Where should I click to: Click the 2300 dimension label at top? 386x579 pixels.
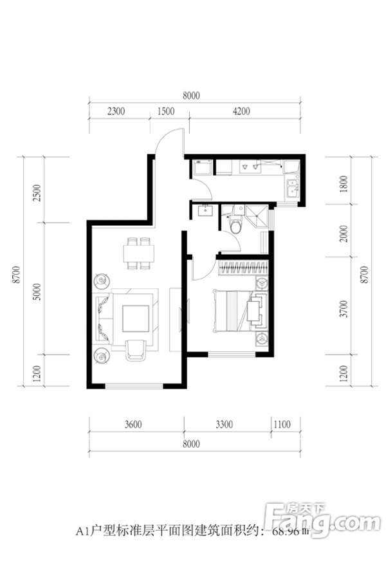click(x=116, y=111)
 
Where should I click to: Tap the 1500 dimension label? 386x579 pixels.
click(x=166, y=111)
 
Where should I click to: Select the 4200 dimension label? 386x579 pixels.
click(x=241, y=111)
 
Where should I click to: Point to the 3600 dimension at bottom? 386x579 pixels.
click(x=133, y=425)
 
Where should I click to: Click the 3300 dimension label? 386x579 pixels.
click(x=225, y=425)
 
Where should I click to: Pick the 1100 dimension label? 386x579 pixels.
click(x=282, y=425)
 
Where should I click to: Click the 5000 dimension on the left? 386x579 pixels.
click(x=37, y=291)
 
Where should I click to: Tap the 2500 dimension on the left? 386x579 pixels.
click(x=37, y=193)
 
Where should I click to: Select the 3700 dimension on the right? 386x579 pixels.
click(x=344, y=309)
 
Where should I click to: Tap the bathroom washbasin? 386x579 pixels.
click(x=203, y=211)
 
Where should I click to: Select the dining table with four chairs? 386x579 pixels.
click(x=138, y=253)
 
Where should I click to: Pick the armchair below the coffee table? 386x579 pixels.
click(x=136, y=350)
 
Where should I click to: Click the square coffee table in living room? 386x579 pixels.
click(x=136, y=318)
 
